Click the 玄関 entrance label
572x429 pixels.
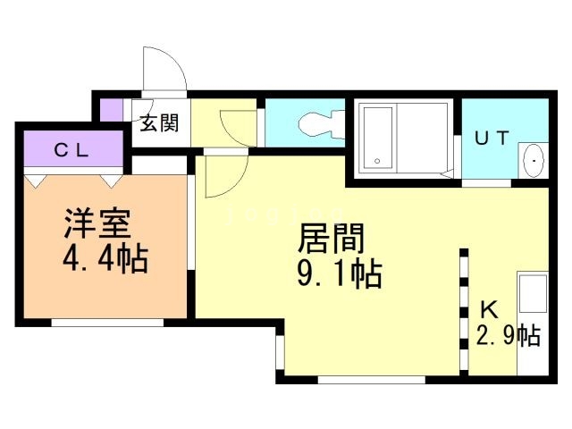tap(160, 123)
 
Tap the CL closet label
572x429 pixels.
tap(71, 150)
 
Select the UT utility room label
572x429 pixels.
tap(492, 138)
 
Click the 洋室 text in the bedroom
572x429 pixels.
tap(97, 223)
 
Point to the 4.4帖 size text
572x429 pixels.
tap(105, 258)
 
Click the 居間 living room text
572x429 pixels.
tap(332, 239)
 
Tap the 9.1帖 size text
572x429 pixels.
tap(340, 273)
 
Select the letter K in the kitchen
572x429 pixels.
tap(489, 310)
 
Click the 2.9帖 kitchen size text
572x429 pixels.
tap(509, 335)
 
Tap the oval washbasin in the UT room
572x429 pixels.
tap(534, 161)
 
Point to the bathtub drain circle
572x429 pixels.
tap(377, 161)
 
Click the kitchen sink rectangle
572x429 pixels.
tap(533, 294)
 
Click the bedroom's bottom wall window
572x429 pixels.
tap(107, 323)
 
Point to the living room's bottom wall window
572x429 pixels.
tap(372, 380)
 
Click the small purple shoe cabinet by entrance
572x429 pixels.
tap(111, 110)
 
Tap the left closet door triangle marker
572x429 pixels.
tap(36, 181)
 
